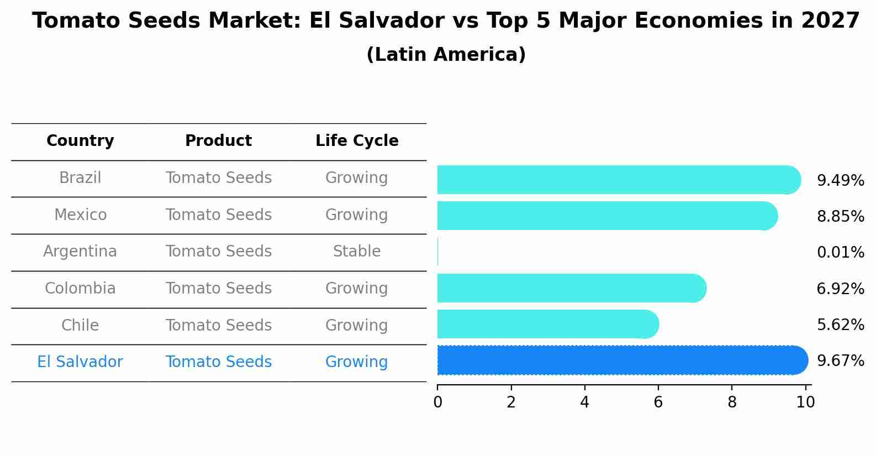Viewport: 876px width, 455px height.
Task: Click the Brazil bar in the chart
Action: [619, 180]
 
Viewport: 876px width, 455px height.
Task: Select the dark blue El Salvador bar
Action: [622, 360]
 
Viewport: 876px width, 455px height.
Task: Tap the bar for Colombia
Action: [572, 288]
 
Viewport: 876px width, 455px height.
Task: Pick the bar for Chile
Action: [548, 324]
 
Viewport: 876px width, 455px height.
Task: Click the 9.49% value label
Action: [840, 181]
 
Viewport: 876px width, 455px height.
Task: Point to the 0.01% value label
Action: [840, 253]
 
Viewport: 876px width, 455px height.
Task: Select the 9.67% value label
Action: [840, 361]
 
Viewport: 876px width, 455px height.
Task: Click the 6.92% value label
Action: [840, 289]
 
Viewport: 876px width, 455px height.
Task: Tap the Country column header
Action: [80, 141]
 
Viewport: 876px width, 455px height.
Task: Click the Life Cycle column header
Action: [357, 141]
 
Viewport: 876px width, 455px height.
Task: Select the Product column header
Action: [218, 141]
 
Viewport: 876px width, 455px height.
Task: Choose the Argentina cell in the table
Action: [80, 252]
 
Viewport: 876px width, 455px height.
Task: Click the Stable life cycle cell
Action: [357, 252]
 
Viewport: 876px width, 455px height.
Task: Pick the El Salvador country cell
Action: [80, 362]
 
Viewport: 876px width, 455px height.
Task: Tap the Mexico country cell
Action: [80, 215]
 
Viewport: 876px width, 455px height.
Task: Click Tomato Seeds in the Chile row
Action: [218, 325]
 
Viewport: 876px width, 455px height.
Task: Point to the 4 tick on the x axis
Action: [584, 402]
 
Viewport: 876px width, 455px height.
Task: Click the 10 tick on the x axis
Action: [805, 402]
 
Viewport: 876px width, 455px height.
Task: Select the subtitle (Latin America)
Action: [446, 55]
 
